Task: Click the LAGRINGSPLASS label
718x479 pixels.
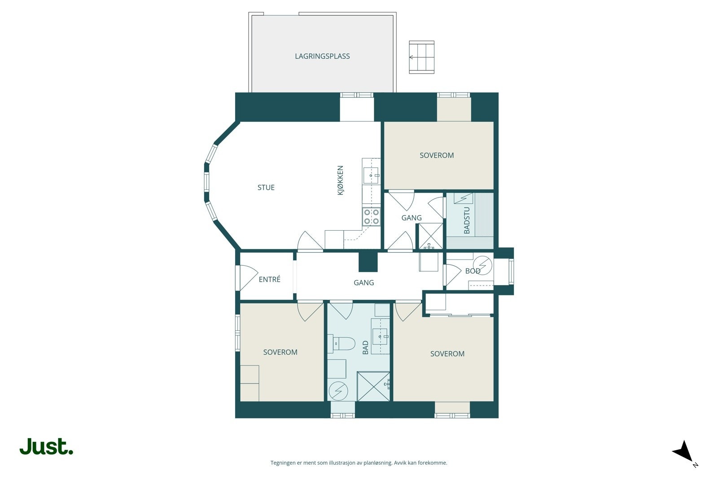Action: tap(322, 56)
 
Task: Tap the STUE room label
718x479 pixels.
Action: tap(266, 188)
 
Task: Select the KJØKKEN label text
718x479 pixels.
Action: tap(341, 180)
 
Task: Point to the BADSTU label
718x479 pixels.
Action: tap(467, 220)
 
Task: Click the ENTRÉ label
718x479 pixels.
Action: tap(270, 279)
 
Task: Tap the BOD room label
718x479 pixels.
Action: tap(473, 271)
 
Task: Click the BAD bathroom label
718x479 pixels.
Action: tap(365, 347)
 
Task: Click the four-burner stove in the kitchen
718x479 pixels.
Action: tap(372, 216)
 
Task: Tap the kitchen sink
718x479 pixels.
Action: tap(371, 176)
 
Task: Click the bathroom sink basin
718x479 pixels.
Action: tap(380, 337)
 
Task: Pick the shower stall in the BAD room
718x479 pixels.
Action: tap(373, 387)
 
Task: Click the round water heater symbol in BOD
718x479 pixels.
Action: tap(482, 265)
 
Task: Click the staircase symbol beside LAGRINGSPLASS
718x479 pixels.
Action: tap(421, 57)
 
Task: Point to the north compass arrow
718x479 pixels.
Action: tap(684, 451)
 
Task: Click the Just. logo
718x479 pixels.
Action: tap(47, 446)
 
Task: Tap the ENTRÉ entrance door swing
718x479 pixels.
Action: tap(249, 277)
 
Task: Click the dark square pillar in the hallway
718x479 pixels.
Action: tap(368, 262)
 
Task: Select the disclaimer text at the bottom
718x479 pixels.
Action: tap(359, 463)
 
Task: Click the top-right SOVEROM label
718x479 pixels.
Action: tap(437, 155)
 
